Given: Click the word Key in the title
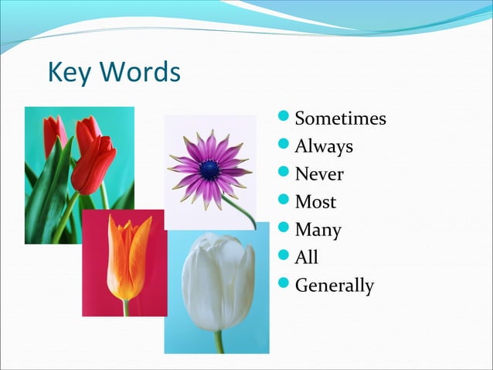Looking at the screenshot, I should (70, 73).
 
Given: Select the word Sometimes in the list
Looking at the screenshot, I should (340, 119).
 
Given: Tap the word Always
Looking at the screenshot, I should (324, 147).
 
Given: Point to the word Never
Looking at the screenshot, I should (319, 174).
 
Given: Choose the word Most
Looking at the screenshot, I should (315, 202).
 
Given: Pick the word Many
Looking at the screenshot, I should (318, 230).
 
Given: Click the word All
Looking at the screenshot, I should (306, 257).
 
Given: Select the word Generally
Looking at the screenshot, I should (334, 286).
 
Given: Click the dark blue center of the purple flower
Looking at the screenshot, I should (209, 170).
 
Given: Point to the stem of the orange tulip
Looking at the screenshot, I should (126, 307).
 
